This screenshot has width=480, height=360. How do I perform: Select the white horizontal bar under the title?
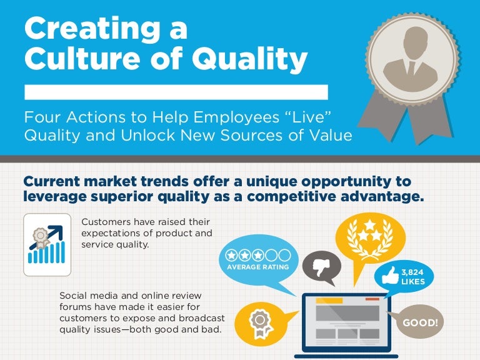(176, 92)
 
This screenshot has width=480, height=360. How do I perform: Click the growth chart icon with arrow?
(46, 245)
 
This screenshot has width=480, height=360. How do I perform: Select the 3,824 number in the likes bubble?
(412, 272)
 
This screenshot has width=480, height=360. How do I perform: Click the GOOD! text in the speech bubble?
(420, 323)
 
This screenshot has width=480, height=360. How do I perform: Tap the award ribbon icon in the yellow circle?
(258, 322)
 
